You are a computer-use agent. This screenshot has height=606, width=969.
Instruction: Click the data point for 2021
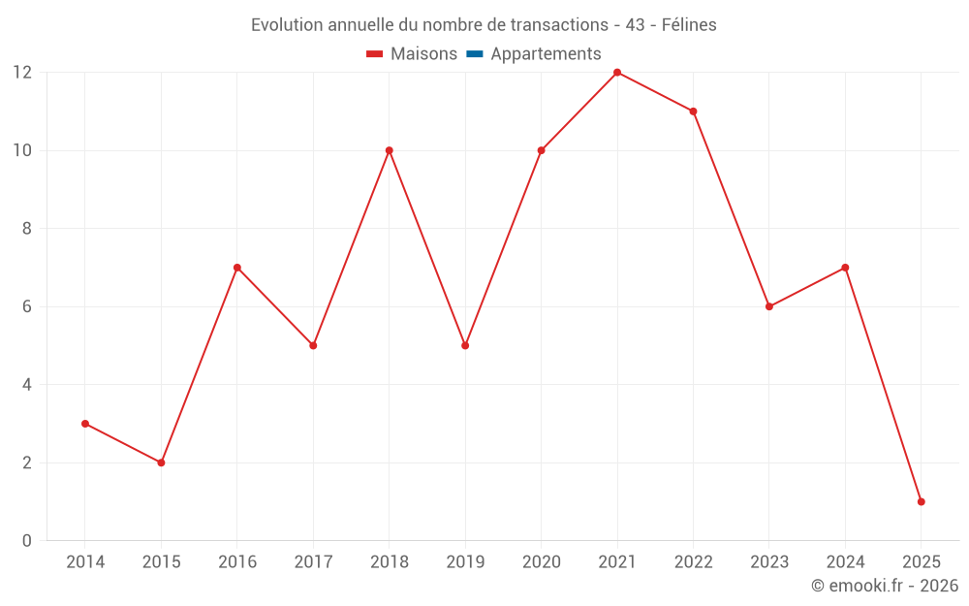tap(617, 73)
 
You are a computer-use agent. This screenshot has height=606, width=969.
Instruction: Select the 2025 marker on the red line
tap(921, 501)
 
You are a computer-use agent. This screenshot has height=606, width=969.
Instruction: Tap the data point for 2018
tap(389, 150)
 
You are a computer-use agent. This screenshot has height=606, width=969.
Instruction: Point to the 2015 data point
tap(161, 462)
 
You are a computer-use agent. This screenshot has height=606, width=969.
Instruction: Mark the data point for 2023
tap(768, 306)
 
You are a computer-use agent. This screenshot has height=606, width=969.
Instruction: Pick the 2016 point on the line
tap(237, 268)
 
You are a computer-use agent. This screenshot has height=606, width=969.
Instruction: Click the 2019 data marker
tap(465, 345)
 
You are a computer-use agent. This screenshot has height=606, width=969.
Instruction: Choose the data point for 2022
tap(693, 112)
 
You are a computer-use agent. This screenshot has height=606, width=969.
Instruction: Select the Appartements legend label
tap(546, 54)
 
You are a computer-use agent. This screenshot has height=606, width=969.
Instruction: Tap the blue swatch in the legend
tap(474, 54)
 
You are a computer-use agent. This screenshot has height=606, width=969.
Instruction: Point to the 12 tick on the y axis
tap(22, 73)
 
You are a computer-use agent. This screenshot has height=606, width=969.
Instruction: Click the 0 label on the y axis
tap(27, 540)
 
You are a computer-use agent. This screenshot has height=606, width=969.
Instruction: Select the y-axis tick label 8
tap(27, 229)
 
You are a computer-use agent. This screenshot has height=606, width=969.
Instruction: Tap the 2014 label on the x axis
tap(85, 562)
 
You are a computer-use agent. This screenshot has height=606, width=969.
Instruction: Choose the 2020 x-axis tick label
tap(541, 562)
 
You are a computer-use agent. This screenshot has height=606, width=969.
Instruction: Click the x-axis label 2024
tap(845, 562)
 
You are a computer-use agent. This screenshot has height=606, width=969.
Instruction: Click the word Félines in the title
tap(689, 25)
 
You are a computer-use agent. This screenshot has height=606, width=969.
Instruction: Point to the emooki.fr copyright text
tap(885, 586)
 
